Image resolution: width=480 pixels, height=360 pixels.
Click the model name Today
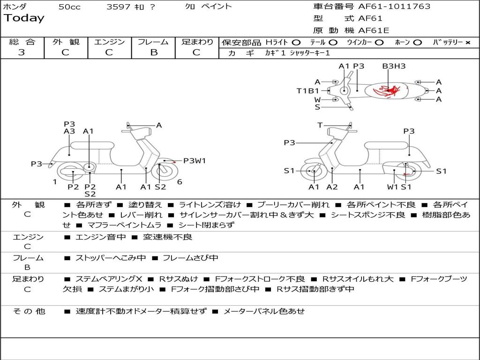click(x=24, y=18)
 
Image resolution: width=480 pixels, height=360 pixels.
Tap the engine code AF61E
click(x=374, y=31)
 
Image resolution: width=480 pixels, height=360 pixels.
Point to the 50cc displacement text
click(x=69, y=7)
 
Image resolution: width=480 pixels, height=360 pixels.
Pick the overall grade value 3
click(x=22, y=52)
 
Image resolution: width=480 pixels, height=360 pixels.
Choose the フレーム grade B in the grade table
click(x=153, y=52)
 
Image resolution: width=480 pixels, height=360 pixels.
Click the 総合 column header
click(x=22, y=42)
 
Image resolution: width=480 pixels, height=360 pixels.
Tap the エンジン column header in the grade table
click(x=109, y=42)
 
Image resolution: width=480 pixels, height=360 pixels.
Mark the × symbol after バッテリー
click(x=467, y=42)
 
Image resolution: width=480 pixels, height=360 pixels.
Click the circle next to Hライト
click(x=296, y=42)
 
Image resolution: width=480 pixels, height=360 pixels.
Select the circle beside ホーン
click(x=417, y=42)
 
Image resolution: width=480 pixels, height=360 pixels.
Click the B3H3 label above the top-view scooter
click(x=393, y=66)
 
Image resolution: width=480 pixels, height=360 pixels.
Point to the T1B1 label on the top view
click(x=307, y=90)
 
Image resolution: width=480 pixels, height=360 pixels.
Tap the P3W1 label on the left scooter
click(x=195, y=161)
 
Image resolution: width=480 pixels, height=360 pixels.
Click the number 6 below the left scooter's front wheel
click(x=180, y=182)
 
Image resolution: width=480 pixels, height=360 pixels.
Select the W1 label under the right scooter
click(x=392, y=187)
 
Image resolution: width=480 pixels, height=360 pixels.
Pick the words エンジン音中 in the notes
click(x=100, y=237)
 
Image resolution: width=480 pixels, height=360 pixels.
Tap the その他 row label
click(x=29, y=311)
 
